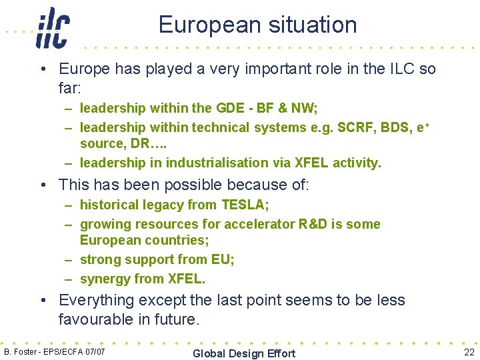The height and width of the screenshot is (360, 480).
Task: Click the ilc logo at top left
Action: click(53, 27)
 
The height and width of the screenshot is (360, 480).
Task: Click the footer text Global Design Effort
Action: click(243, 353)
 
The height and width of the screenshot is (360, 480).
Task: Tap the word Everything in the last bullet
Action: click(99, 300)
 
